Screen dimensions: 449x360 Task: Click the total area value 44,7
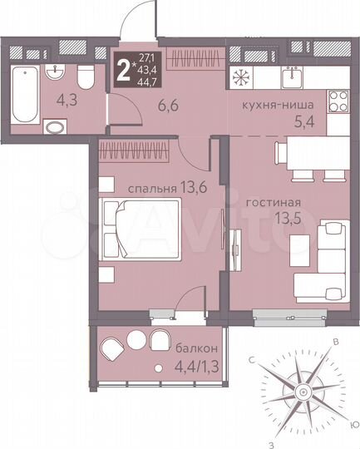pyautogui.click(x=145, y=81)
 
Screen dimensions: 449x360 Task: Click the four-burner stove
pyautogui.click(x=338, y=104)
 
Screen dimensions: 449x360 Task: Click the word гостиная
pyautogui.click(x=273, y=201)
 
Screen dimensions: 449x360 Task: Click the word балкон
pyautogui.click(x=197, y=348)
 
